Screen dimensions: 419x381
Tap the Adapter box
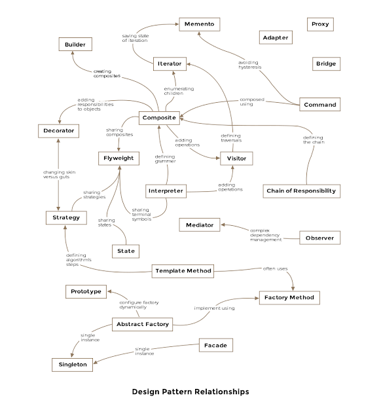(275, 37)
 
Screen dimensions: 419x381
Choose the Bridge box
(325, 64)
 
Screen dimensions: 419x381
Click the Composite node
(158, 118)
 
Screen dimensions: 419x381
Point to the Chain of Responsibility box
(302, 191)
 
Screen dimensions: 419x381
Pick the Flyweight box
(119, 158)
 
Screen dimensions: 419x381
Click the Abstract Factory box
(142, 323)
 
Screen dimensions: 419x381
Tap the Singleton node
(73, 364)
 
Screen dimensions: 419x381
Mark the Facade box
(215, 344)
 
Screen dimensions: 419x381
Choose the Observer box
(319, 238)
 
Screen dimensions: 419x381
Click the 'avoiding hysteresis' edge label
(249, 64)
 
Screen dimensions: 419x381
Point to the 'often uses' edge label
(274, 268)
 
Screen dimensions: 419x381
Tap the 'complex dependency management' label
(266, 235)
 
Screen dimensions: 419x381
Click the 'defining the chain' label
(312, 139)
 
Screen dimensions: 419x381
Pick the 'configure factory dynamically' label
(139, 305)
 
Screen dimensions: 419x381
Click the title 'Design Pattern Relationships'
(190, 392)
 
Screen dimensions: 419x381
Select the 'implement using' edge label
(214, 307)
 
